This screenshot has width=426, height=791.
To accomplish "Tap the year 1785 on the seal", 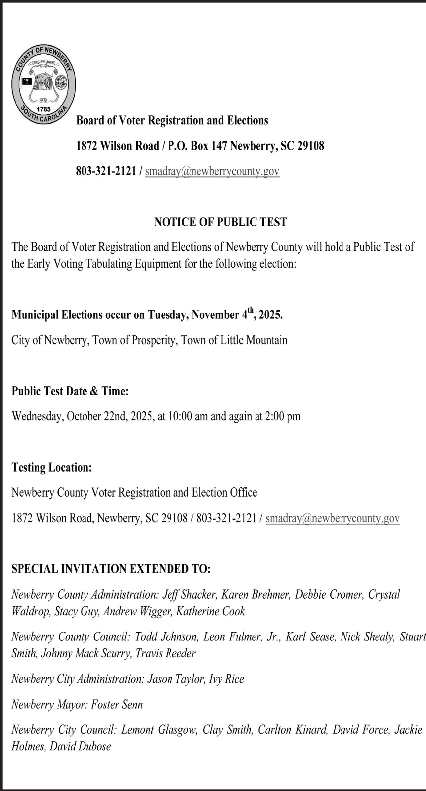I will [44, 109].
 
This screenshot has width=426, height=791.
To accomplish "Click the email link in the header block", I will [212, 171].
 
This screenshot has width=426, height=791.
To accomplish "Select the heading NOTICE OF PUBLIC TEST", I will [221, 222].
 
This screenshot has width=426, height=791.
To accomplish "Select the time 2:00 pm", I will [283, 416].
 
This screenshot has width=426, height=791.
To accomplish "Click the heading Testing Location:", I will [52, 467].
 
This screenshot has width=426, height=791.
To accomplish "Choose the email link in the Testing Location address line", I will [333, 518].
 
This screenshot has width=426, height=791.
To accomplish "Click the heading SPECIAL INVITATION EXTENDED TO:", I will [111, 569].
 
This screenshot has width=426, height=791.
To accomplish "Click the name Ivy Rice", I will [227, 679].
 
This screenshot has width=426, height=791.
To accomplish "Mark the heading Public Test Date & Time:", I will [70, 391].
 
